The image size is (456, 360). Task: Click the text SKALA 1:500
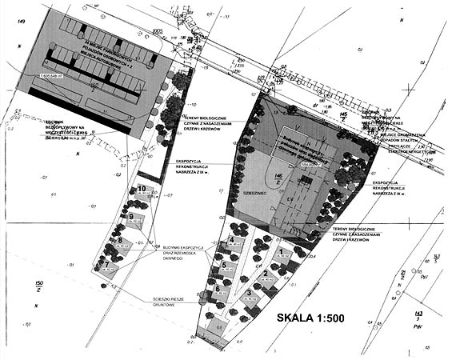310,318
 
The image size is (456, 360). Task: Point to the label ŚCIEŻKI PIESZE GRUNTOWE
169,302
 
